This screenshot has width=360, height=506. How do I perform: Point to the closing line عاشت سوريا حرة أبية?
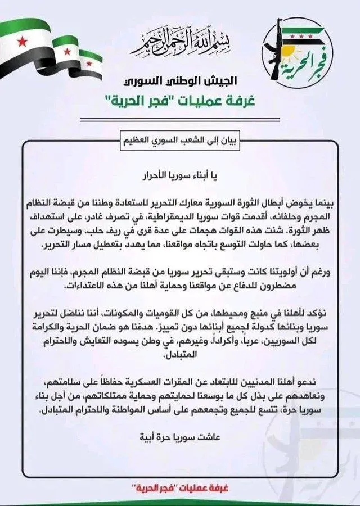180,436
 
